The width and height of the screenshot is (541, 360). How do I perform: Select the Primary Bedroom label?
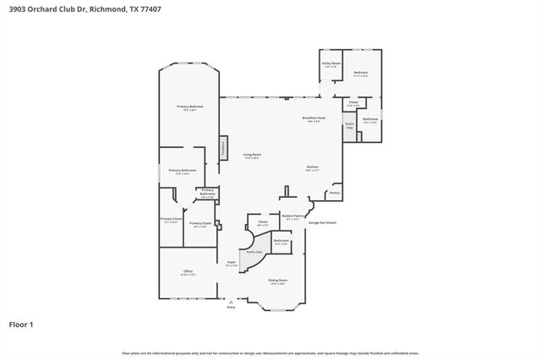189,106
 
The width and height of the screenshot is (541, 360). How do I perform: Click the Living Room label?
252,154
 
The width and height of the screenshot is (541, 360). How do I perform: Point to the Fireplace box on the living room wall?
223,147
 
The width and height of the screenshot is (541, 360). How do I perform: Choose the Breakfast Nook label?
314,117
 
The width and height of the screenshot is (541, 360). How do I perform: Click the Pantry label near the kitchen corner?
334,192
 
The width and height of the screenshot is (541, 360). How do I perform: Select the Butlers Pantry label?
292,216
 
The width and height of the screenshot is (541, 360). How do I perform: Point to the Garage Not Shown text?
322,222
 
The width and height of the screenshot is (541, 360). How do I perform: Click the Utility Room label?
331,63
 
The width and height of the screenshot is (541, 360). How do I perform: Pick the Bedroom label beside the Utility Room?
360,72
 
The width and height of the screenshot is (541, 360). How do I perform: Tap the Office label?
188,271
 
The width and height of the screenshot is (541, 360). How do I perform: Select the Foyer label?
230,263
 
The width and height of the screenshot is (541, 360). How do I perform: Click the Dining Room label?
278,280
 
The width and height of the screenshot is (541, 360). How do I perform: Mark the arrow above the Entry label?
231,300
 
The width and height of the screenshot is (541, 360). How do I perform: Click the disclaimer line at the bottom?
270,352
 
